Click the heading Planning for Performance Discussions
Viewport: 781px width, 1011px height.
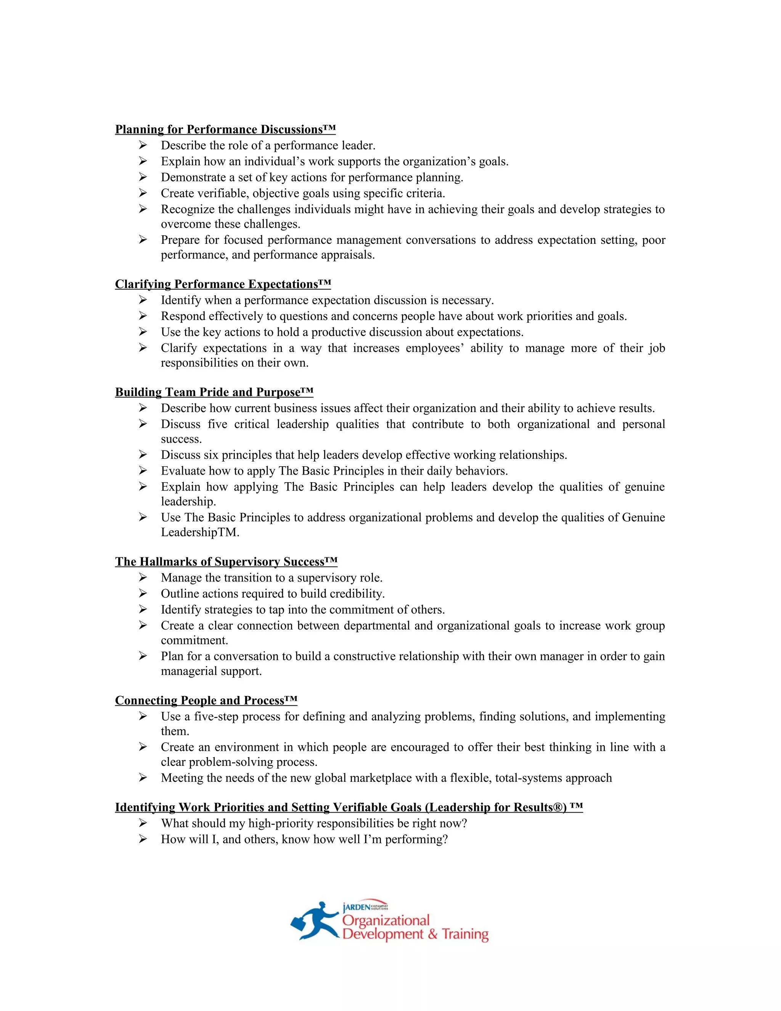[x=225, y=130]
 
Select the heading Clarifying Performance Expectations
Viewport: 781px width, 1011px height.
[x=223, y=284]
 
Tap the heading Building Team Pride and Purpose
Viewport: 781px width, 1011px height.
[x=214, y=393]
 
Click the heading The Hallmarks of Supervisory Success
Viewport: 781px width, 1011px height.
[x=226, y=562]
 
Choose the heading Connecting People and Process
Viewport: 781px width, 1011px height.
[x=206, y=700]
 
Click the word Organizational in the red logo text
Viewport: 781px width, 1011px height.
[x=386, y=920]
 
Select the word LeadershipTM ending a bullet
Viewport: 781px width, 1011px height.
[x=199, y=532]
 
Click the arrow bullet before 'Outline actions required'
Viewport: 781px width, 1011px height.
[x=143, y=594]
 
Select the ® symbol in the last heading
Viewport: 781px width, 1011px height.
[x=558, y=807]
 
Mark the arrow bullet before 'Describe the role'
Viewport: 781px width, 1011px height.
[x=143, y=145]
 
